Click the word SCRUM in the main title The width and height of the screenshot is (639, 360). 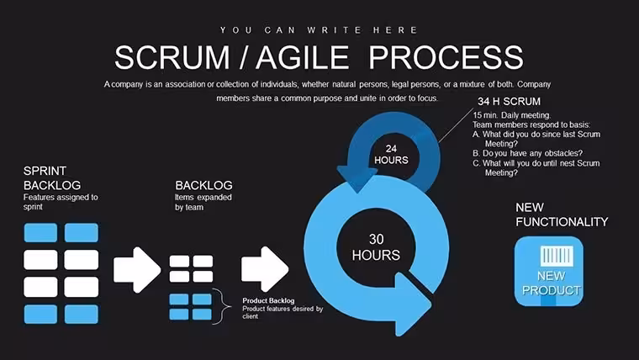coord(172,57)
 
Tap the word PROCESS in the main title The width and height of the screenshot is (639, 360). coord(446,57)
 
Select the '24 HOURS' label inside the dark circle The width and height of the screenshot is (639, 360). coord(391,155)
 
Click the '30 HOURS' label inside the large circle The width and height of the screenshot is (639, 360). coord(376,247)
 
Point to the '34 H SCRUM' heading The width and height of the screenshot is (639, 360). coord(509,101)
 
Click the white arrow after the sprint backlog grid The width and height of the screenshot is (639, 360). coord(137,269)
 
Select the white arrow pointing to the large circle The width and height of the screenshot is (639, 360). coord(265,269)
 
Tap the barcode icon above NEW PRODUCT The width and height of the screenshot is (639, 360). coord(557,256)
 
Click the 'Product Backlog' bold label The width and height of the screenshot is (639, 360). coord(268,300)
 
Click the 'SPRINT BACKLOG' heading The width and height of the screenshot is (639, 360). coord(52,177)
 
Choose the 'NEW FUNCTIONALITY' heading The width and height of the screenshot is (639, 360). coord(562,214)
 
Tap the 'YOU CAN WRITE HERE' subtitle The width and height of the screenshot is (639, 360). coord(319,30)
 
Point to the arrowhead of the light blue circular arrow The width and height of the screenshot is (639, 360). coord(412,304)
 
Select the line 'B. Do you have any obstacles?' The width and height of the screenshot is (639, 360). coord(528,153)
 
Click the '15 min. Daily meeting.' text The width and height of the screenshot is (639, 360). coord(512,115)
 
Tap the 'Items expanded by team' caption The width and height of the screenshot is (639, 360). coord(203,202)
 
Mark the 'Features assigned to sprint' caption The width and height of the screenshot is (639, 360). coord(61,202)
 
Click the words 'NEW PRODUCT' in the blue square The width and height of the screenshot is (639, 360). coord(551,283)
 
